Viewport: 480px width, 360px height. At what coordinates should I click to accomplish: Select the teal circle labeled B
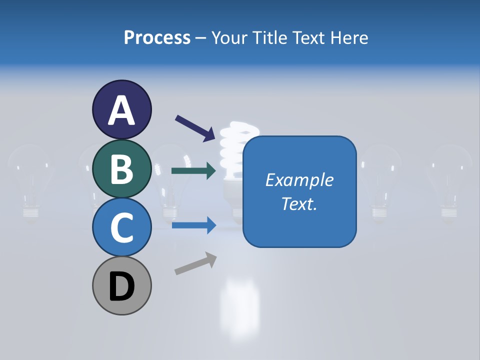click(121, 168)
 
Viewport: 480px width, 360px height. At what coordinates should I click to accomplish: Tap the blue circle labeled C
click(121, 227)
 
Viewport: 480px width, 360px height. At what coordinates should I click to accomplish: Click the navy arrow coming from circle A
click(195, 128)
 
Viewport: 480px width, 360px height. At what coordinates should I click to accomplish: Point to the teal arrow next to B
click(193, 171)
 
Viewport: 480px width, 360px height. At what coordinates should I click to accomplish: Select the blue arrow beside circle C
click(193, 225)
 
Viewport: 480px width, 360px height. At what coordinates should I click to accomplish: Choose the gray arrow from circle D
click(195, 263)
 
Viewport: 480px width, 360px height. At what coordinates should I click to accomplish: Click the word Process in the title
click(157, 37)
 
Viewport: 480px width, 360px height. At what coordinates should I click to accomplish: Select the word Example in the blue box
click(299, 180)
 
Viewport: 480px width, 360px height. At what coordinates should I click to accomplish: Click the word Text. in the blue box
click(299, 203)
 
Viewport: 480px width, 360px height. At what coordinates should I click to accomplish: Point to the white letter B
click(121, 168)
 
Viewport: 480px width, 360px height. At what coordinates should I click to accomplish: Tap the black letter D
click(121, 287)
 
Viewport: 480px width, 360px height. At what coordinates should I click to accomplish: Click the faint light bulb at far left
click(31, 180)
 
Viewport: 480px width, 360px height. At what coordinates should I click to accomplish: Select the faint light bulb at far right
click(449, 180)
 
